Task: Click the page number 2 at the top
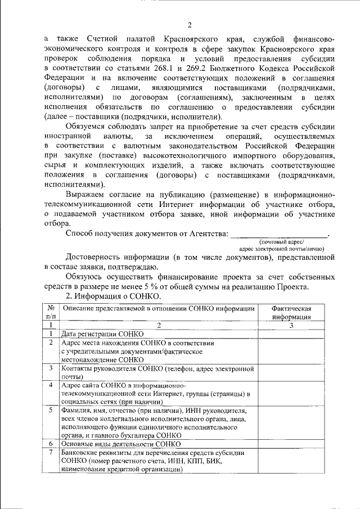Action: (x=190, y=25)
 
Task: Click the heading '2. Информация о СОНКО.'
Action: (x=113, y=296)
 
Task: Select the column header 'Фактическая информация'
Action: (x=291, y=312)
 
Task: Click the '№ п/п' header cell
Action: (x=51, y=312)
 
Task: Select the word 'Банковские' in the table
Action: (x=82, y=452)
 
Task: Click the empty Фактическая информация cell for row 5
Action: (x=291, y=423)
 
